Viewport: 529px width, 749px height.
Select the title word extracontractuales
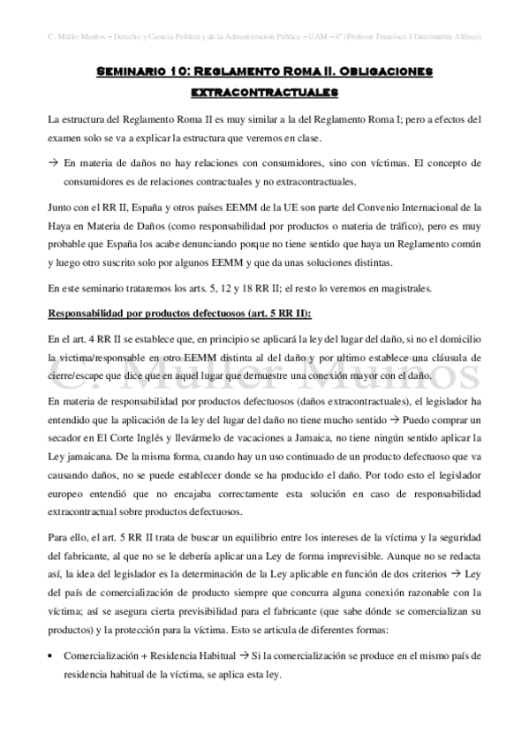(x=264, y=91)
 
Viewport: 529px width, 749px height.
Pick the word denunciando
(x=202, y=245)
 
